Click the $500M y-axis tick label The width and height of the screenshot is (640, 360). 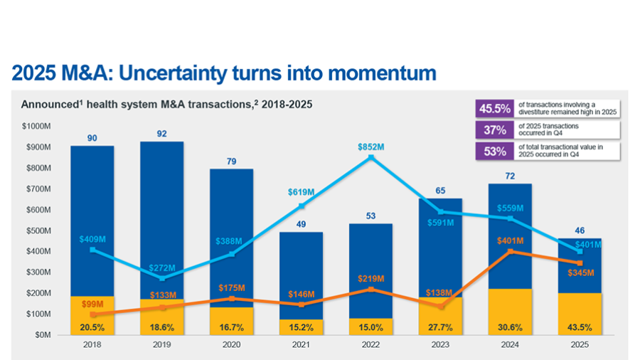(38, 231)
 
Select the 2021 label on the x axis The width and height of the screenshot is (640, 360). (301, 344)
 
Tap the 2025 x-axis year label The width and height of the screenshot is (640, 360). (580, 344)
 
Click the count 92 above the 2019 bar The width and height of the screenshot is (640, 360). (162, 133)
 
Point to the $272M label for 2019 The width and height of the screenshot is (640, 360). (162, 268)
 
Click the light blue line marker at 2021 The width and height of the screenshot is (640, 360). (302, 206)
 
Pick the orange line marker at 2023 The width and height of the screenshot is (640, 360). (440, 306)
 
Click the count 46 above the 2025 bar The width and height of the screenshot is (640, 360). (580, 231)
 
